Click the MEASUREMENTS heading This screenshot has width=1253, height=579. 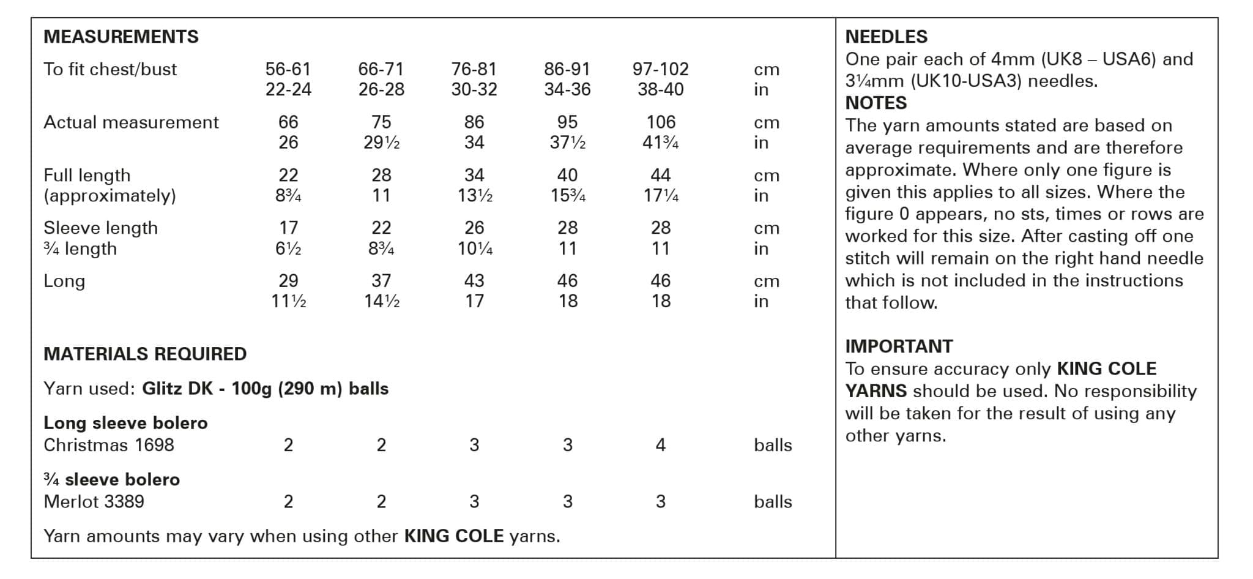(121, 37)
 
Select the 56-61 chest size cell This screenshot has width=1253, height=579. (288, 69)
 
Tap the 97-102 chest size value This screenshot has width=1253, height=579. (660, 69)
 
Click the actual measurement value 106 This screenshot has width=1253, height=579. (661, 122)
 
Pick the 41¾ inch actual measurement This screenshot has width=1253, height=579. (661, 143)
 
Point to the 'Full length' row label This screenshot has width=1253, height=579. (87, 176)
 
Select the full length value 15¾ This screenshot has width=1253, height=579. (567, 196)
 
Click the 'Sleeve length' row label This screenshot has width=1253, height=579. (100, 228)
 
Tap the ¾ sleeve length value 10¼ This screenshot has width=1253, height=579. (474, 248)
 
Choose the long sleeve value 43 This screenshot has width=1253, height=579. (474, 281)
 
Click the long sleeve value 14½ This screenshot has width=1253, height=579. (381, 301)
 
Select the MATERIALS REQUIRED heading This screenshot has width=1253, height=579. (145, 354)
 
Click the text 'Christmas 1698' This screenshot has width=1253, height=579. (109, 445)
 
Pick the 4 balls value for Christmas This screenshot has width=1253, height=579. (660, 445)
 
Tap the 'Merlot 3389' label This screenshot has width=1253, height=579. (94, 502)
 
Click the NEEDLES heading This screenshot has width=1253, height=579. (886, 37)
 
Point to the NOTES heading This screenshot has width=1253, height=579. (876, 103)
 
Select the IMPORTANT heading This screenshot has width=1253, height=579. (899, 346)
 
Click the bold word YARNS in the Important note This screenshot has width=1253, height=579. (876, 391)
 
